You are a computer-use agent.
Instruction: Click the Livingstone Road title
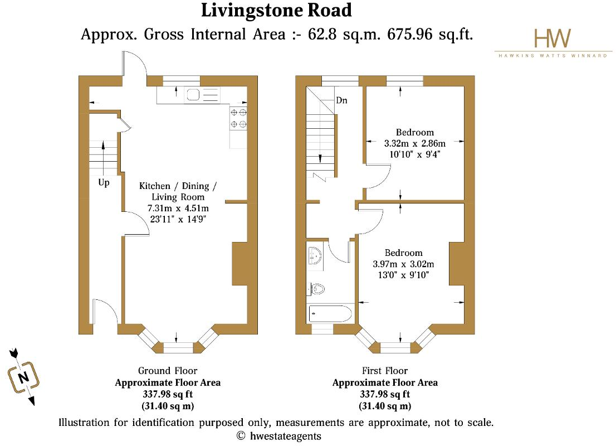pos(276,11)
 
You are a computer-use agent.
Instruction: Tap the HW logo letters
pos(553,38)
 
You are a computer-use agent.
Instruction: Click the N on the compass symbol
pos(23,377)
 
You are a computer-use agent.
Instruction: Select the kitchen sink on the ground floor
pos(202,95)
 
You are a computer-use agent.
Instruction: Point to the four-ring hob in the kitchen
pos(238,118)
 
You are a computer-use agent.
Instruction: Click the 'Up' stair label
pos(104,182)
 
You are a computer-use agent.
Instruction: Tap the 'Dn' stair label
pos(341,100)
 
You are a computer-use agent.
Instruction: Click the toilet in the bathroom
pos(317,289)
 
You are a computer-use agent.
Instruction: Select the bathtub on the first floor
pos(330,314)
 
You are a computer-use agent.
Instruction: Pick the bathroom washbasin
pos(315,256)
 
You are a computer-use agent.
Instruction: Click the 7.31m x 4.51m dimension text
pos(178,208)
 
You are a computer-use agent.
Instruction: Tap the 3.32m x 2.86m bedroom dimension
pos(415,143)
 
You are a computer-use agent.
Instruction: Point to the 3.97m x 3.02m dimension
pos(403,264)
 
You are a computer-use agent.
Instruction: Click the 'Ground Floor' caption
pos(168,371)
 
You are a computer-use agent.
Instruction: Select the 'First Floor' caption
pos(385,371)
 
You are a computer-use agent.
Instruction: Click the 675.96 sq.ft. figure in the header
pos(430,34)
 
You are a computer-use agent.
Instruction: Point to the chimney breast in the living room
pos(239,264)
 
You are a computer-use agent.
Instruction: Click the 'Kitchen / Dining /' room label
pos(178,186)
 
